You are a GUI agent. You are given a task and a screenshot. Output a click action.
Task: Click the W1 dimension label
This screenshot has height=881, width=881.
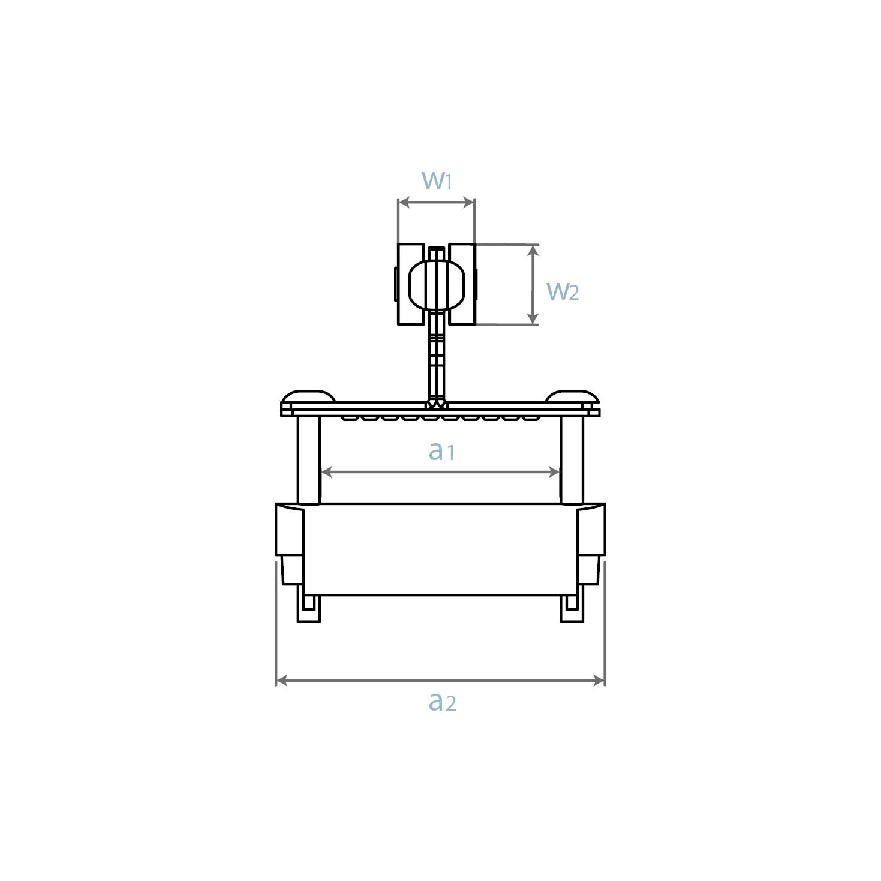click(437, 180)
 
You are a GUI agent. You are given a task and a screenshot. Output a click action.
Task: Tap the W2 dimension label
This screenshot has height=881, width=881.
click(563, 291)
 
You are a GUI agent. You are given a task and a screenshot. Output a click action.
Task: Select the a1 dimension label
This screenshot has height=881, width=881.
click(441, 451)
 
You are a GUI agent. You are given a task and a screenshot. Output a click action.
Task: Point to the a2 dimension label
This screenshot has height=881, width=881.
click(443, 701)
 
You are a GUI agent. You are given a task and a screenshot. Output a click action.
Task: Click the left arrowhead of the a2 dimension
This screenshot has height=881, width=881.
click(281, 681)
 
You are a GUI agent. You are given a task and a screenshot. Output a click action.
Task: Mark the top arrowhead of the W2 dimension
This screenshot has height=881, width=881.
click(532, 250)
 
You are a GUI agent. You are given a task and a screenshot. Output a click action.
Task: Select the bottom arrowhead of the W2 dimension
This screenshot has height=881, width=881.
click(532, 319)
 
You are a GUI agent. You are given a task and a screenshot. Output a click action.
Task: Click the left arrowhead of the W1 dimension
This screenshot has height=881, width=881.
click(403, 203)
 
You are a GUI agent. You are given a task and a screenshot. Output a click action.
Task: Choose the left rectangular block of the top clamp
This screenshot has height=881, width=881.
click(410, 284)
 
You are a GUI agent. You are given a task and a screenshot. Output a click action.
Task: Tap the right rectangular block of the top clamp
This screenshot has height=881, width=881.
click(462, 284)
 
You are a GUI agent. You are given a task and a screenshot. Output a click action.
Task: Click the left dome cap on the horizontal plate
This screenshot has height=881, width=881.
click(308, 397)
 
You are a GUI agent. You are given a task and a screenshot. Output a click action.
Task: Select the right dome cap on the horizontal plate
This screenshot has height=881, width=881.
click(572, 397)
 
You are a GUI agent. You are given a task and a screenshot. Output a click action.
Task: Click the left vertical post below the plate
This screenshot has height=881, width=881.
click(309, 459)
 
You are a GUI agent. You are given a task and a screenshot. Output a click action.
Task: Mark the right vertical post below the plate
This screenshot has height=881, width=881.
click(572, 459)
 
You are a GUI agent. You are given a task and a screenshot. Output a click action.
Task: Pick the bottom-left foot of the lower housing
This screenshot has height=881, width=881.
click(309, 609)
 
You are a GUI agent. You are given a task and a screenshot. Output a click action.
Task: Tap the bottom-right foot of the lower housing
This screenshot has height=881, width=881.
click(572, 609)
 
